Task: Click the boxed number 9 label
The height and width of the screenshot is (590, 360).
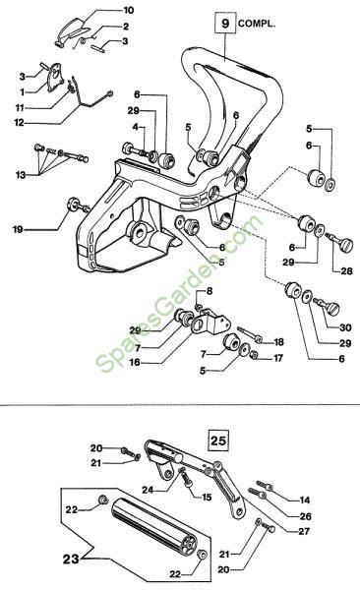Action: tap(225, 24)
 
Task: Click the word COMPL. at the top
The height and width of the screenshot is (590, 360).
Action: tap(257, 24)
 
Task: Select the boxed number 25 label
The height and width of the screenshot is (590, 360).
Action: tap(218, 440)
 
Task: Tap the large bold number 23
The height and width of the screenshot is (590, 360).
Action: tap(71, 559)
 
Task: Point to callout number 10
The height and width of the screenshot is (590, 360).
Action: tap(129, 10)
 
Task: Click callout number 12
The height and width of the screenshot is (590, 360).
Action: tap(20, 123)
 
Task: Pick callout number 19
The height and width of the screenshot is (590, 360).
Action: tap(18, 229)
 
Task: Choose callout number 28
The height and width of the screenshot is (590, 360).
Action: tap(346, 271)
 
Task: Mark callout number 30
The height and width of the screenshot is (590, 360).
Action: tap(345, 327)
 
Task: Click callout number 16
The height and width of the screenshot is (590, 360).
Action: tap(135, 362)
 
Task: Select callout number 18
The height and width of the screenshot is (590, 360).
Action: tap(278, 342)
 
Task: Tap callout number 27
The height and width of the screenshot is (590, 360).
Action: tap(304, 531)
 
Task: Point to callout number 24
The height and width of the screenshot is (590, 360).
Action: tap(148, 490)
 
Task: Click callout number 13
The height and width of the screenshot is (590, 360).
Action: tap(21, 175)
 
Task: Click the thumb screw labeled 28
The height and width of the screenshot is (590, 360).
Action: tap(339, 242)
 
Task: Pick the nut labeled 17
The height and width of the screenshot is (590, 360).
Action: tap(254, 354)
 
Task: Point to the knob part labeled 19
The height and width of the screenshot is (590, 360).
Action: tap(78, 205)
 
